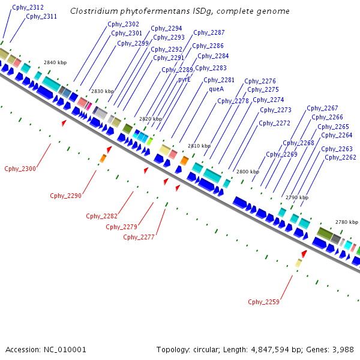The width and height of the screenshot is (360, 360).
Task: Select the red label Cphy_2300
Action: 20,169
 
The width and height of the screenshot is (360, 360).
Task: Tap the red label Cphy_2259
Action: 263,302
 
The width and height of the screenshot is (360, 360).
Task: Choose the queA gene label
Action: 216,89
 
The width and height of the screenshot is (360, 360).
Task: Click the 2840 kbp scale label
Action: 55,62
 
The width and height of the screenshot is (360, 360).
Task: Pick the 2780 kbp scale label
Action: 346,221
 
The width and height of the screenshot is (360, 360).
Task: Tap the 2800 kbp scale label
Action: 247,172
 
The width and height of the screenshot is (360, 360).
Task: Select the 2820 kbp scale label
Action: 150,119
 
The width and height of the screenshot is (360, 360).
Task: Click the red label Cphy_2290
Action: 66,195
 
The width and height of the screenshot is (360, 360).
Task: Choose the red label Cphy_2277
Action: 139,237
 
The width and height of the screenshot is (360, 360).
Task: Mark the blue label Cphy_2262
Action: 340,158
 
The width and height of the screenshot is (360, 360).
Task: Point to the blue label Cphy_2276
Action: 260,81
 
